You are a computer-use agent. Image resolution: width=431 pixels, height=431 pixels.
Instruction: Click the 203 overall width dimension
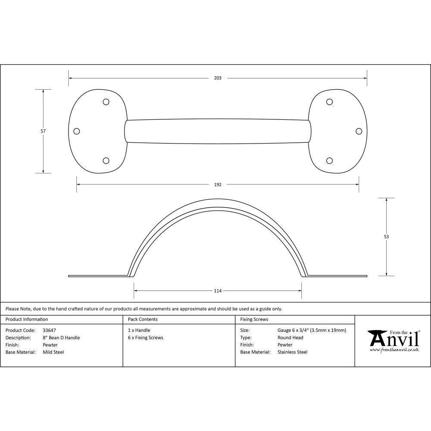218,78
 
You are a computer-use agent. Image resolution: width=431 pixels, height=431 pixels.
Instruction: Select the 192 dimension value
218,184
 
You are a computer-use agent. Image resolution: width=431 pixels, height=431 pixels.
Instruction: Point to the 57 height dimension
44,131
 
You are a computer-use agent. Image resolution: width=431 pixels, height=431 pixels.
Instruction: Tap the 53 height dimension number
386,237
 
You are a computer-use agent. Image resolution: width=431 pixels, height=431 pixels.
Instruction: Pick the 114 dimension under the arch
218,291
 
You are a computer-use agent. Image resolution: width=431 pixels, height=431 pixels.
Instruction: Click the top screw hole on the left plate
106,102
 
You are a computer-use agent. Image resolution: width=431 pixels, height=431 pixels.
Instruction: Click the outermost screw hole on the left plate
77,131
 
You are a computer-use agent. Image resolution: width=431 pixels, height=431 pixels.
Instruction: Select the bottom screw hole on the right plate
329,161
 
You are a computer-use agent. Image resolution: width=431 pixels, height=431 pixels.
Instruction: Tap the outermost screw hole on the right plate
359,131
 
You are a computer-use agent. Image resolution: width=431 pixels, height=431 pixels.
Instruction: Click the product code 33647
49,331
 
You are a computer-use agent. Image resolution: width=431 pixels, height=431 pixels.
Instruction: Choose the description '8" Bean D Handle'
61,338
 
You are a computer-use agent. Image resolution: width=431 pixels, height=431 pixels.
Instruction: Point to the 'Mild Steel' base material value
53,352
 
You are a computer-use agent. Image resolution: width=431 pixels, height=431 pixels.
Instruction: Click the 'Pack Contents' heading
143,319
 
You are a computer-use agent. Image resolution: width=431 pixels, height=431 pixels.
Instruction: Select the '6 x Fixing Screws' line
145,338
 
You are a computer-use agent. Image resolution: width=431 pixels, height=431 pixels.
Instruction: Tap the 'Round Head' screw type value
290,338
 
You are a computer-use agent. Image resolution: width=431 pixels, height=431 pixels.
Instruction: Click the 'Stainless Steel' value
292,352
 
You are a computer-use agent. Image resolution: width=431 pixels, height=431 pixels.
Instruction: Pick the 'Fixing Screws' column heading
254,319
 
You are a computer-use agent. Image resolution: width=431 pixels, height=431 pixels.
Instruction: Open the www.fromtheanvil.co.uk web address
394,350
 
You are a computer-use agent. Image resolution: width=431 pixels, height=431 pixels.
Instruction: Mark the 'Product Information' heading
27,319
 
